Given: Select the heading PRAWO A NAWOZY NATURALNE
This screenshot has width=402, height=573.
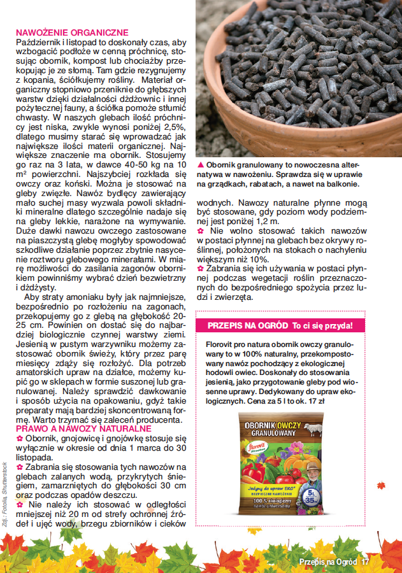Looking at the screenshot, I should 83,430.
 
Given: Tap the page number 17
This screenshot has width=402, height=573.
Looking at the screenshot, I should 365,562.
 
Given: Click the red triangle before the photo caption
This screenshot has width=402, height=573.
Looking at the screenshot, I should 201,165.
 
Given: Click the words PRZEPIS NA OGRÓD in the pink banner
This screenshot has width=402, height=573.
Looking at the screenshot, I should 248,326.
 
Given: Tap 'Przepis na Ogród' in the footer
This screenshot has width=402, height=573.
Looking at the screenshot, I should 329,562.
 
